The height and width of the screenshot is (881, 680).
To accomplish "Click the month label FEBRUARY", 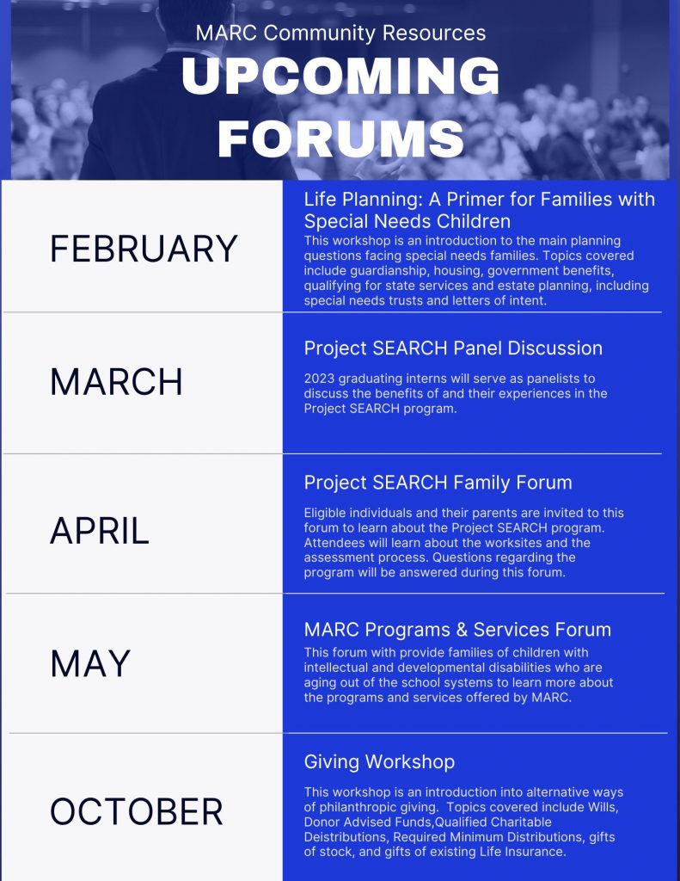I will [144, 249].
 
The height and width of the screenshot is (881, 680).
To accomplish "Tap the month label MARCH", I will [116, 382].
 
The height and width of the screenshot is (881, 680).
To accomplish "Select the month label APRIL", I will [100, 531].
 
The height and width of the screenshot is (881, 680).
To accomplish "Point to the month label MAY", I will [90, 663].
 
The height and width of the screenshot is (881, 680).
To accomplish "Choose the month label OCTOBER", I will [137, 812].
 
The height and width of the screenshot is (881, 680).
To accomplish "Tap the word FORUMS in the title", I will [340, 138].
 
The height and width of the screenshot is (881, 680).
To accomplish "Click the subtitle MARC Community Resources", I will [340, 34].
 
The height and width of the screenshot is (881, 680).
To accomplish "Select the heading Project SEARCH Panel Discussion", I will [453, 348].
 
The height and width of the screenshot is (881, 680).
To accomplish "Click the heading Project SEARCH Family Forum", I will [438, 483].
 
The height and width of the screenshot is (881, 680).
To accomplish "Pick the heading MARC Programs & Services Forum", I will [457, 629].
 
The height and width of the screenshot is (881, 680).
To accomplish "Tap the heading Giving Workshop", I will [379, 761].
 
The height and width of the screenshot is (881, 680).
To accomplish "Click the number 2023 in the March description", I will [320, 379].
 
